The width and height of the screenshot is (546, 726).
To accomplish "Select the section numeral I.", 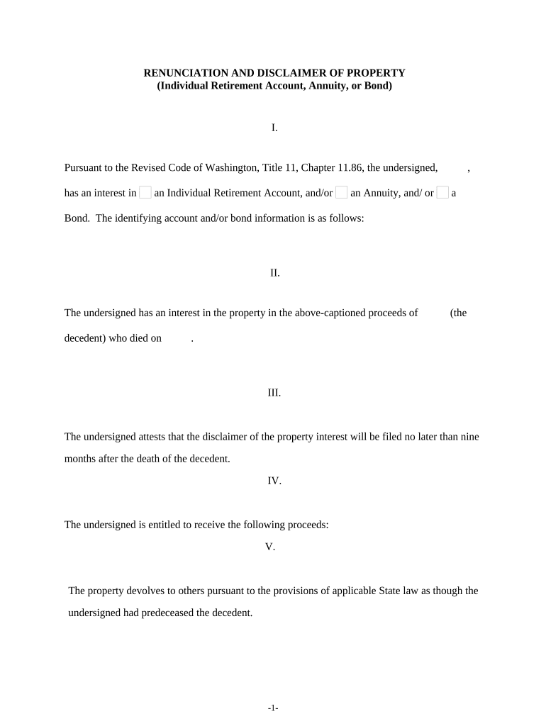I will pos(274,128).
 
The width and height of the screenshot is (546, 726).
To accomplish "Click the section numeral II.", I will pos(274,272).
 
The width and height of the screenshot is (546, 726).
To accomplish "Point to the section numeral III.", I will pos(274,392).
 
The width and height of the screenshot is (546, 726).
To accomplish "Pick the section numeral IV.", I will pos(274,481).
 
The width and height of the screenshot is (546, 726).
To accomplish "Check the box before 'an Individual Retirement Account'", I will pos(145,192).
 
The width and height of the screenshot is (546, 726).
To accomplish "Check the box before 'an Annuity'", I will pos(342,192).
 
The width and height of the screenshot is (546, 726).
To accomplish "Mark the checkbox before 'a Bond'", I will pos(442,192).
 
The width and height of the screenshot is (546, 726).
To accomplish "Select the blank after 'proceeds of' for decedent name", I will pos(433,313).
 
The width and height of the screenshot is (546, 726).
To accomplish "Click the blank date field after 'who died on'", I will pos(177,338).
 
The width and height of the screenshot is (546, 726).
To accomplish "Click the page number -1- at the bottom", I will pos(273,708).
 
